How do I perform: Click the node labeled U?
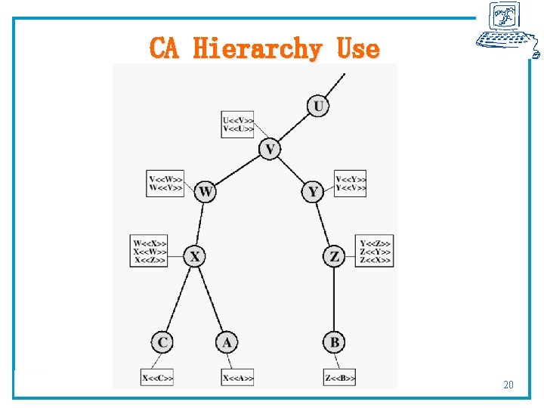click(x=319, y=106)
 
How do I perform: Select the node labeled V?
click(x=270, y=149)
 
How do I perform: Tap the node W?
click(x=205, y=192)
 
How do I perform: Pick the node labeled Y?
click(x=314, y=192)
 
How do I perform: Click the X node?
click(x=195, y=257)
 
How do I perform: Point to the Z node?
click(x=334, y=257)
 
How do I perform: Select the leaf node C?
click(x=162, y=343)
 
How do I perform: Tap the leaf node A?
click(x=227, y=343)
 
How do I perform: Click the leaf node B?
click(x=334, y=343)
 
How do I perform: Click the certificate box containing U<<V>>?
click(x=238, y=125)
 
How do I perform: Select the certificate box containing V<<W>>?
click(x=165, y=184)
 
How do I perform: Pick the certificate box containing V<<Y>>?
click(x=351, y=184)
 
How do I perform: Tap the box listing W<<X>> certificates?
click(x=150, y=251)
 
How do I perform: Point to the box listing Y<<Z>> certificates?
click(x=376, y=251)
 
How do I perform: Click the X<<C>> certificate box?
click(x=157, y=378)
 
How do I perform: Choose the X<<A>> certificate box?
click(x=238, y=378)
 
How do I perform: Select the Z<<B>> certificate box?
click(x=339, y=378)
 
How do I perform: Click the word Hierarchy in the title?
click(x=257, y=49)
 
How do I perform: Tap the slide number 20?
click(x=508, y=385)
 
